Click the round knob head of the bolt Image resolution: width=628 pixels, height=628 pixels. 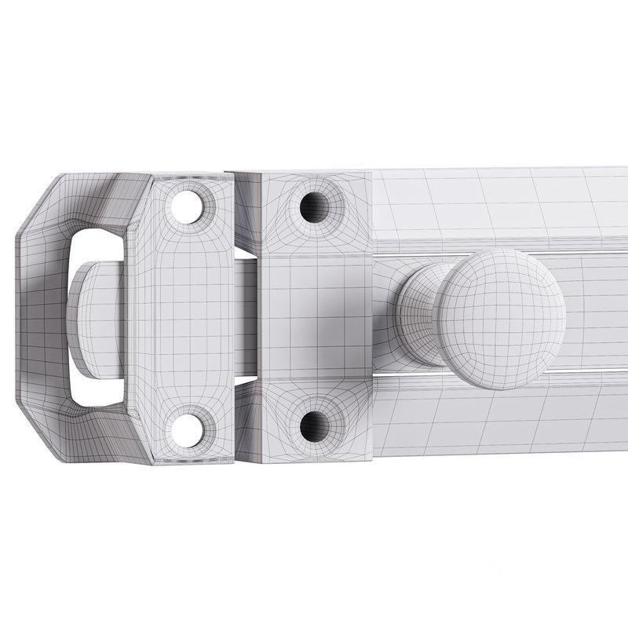502,318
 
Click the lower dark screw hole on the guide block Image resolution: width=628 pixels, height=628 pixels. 316,425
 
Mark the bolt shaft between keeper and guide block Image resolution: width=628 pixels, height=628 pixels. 245,318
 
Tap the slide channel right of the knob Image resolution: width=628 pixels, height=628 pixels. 597,314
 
